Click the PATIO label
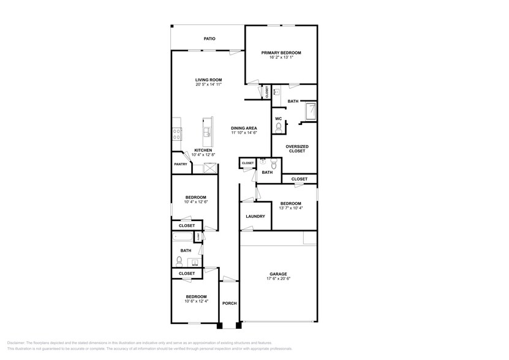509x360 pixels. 209,39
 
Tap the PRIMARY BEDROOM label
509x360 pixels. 281,53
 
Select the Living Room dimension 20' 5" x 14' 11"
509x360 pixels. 208,84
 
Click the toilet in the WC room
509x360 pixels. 279,127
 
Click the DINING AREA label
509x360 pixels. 244,128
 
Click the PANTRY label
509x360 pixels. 180,164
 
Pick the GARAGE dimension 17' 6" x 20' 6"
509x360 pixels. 279,278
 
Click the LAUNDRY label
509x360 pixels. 255,216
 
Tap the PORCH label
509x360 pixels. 229,303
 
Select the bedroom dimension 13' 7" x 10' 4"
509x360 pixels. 291,208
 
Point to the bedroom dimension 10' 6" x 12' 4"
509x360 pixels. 197,301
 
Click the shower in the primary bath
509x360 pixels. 311,111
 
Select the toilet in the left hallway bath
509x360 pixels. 179,260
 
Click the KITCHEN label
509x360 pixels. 203,151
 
